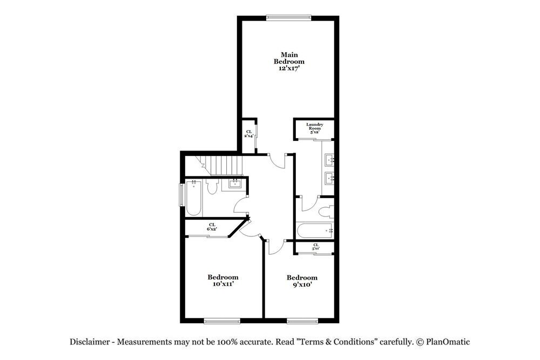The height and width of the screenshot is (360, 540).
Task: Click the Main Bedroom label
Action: pos(289,62)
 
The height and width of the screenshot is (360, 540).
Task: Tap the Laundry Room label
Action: pos(314,128)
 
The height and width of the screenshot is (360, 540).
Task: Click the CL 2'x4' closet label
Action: pos(249,133)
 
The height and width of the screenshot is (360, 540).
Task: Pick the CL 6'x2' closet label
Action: pos(212,227)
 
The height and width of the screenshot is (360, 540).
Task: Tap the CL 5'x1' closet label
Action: pos(316,247)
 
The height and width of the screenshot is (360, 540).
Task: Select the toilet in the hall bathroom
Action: pos(212,187)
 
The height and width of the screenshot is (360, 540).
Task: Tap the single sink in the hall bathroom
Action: pos(235,184)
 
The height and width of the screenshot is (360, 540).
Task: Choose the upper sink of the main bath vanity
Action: pos(329,160)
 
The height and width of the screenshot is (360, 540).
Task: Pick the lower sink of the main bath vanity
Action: pos(329,178)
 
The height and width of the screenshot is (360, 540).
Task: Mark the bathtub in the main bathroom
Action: pos(316,230)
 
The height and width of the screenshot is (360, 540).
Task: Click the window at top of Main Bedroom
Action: pos(288,18)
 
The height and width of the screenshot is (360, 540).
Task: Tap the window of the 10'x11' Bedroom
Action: pos(222,321)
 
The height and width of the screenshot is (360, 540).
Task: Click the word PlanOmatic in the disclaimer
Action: pos(448,342)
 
